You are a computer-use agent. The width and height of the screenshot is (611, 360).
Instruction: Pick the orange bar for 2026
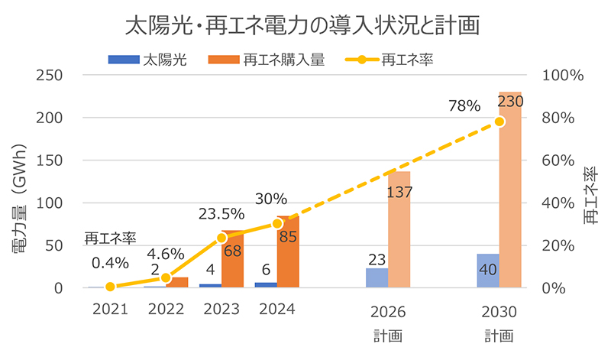tap(399, 229)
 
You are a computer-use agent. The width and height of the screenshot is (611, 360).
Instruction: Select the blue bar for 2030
tap(488, 271)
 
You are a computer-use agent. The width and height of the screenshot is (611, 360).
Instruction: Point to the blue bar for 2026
tap(377, 278)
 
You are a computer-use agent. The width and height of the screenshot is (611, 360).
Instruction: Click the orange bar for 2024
tap(288, 252)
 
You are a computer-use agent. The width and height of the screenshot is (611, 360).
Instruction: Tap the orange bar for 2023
tap(233, 259)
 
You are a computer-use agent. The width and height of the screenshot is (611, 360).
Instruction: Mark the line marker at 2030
tap(499, 122)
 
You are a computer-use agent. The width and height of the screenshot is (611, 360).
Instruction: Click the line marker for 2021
tap(110, 287)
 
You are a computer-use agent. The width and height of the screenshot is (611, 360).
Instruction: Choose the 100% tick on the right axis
tap(562, 76)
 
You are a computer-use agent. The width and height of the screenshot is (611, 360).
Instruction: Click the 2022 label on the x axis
tap(166, 310)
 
